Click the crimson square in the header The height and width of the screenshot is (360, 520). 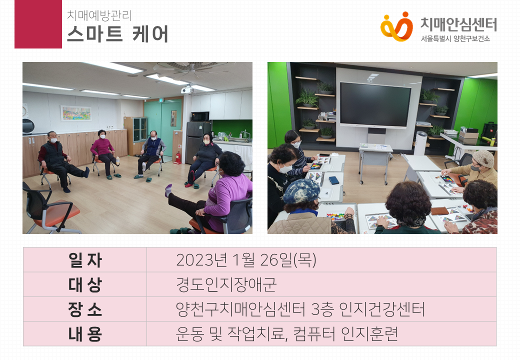38,24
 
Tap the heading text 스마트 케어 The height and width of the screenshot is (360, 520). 117,34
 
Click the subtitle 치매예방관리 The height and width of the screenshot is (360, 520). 99,15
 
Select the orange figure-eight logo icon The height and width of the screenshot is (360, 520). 396,26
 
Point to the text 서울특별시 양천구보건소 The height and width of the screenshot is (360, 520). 455,39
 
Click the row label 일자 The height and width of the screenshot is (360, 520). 85,260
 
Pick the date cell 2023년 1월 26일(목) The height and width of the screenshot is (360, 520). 246,260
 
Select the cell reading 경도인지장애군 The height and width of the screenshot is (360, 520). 226,285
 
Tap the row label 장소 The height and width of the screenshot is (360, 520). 85,309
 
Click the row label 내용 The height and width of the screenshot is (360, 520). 85,334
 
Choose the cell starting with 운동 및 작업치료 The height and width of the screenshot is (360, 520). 287,334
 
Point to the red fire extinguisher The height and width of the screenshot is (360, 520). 178,158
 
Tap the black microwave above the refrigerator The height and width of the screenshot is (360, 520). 200,116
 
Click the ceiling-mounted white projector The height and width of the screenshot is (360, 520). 187,90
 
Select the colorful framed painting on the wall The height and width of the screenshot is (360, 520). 76,113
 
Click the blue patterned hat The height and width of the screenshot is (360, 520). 301,190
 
